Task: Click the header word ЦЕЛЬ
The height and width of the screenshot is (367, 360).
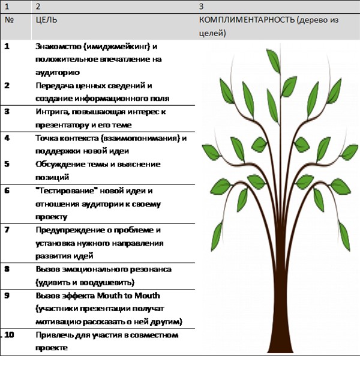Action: coord(47,20)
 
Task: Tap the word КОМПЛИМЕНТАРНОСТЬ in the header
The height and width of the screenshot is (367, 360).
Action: coord(247,20)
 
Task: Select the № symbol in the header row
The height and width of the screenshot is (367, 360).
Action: coord(9,20)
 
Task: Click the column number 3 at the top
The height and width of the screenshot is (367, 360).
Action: coord(201,7)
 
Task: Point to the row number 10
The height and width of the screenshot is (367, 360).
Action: coord(9,335)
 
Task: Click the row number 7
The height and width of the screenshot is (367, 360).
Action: coord(7,230)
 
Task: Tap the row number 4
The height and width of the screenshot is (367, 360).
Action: coord(7,138)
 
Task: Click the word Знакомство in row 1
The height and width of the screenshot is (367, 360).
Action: coord(58,46)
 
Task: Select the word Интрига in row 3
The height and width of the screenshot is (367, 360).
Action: coord(53,112)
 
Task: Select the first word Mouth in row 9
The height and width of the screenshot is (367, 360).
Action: coord(109,296)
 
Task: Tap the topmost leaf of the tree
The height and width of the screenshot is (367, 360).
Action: coord(273,61)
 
